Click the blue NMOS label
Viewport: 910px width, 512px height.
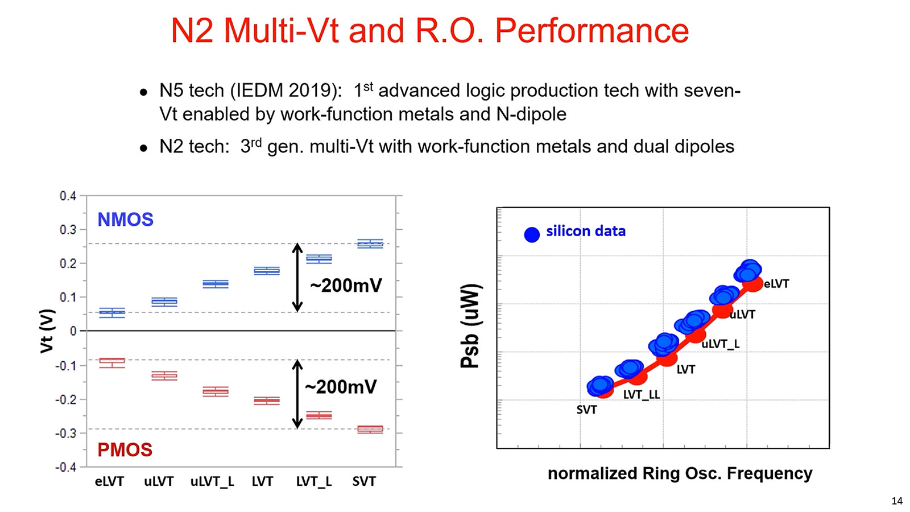tap(125, 220)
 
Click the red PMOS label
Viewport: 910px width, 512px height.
tap(125, 450)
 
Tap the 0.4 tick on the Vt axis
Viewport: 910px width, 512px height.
tap(68, 196)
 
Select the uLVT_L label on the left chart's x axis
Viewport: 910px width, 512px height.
tap(212, 482)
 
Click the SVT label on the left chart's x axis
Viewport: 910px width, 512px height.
tap(364, 482)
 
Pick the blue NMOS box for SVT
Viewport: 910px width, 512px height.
tap(370, 243)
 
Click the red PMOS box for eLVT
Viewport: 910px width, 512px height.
tap(112, 362)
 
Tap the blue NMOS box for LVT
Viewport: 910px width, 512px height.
tap(267, 271)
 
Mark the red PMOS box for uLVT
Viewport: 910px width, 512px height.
tap(164, 375)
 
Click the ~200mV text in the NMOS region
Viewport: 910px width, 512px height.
tap(346, 286)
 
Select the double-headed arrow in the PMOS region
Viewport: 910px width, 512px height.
tap(297, 394)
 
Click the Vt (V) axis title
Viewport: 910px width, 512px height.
tap(47, 331)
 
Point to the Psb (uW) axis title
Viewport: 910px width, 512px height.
tap(470, 325)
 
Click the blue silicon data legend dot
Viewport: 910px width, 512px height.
tap(532, 234)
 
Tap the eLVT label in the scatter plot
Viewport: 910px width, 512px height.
tap(776, 284)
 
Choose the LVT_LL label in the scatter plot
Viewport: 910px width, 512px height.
tap(642, 395)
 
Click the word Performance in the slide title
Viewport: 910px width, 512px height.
tap(591, 31)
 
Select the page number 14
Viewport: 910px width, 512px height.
tap(897, 501)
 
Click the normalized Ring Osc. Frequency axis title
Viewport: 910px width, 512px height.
tap(680, 473)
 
